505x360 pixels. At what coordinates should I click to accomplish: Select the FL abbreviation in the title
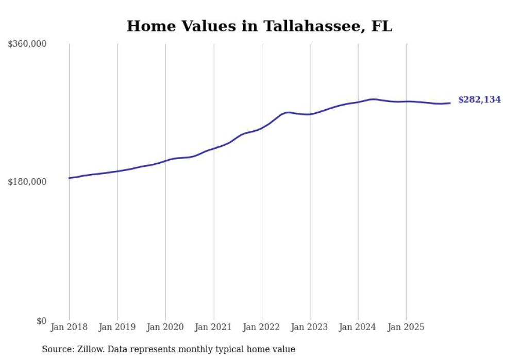point(381,26)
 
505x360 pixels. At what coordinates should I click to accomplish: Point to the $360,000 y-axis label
point(27,44)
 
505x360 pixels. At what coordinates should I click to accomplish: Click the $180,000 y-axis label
point(27,182)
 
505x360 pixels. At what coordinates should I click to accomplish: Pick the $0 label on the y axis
point(41,321)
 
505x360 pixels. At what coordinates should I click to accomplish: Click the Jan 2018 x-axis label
point(69,327)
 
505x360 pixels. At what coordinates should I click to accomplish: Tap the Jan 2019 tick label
point(117,327)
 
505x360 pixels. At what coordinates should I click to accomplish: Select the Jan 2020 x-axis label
point(165,327)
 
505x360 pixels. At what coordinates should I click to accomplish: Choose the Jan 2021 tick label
point(213,327)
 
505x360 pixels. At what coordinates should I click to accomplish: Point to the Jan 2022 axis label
point(262,327)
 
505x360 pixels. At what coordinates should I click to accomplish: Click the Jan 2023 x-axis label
point(310,327)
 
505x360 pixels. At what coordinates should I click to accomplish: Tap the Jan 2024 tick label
point(358,327)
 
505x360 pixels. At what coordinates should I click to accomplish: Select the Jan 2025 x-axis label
point(406,327)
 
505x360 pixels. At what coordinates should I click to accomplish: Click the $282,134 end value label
point(479,100)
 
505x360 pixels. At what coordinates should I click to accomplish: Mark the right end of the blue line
point(450,103)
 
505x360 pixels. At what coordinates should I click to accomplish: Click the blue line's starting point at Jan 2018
point(70,178)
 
